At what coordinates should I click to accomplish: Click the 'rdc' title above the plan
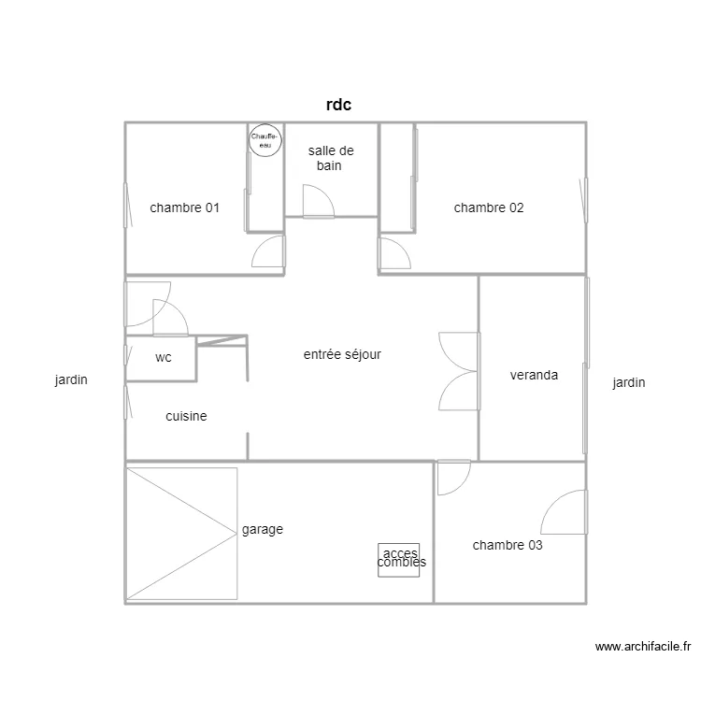338,106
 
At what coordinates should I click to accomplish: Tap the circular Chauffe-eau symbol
265,140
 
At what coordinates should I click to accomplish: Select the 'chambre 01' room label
184,207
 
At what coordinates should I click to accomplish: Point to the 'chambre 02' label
489,207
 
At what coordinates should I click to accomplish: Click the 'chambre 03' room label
508,545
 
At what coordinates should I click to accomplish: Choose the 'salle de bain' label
331,158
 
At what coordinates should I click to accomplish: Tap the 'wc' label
164,357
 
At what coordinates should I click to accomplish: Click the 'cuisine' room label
186,416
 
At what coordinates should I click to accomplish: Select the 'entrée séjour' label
342,354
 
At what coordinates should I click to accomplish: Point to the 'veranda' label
534,375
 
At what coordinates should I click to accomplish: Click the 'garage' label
262,529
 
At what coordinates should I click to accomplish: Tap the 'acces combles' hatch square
398,559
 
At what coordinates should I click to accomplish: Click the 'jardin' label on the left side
71,380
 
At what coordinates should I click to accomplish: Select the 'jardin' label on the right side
628,382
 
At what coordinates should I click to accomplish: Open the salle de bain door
317,202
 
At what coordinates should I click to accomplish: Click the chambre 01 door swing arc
268,252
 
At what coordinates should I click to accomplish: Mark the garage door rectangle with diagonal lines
181,533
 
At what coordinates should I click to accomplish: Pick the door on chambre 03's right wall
565,513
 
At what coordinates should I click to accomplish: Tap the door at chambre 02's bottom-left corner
393,253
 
